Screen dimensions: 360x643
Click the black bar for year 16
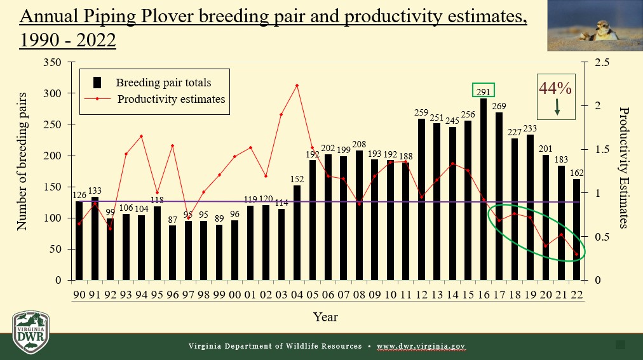[x=484, y=189]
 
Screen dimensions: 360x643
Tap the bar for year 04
[x=297, y=232]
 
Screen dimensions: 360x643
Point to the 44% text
[x=555, y=88]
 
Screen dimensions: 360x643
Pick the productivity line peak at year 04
[x=297, y=85]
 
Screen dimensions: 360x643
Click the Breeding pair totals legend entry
[x=163, y=83]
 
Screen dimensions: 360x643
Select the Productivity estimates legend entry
[x=170, y=99]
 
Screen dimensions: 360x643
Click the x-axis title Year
[x=325, y=316]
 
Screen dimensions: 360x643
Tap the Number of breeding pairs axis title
[x=22, y=161]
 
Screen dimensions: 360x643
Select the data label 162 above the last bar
[x=576, y=173]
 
